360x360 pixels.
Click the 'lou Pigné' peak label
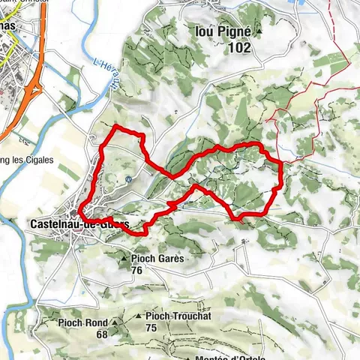click(x=229, y=32)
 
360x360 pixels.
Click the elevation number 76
click(x=136, y=270)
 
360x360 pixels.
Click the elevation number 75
click(x=151, y=328)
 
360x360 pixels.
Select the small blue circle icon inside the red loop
click(x=129, y=179)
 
